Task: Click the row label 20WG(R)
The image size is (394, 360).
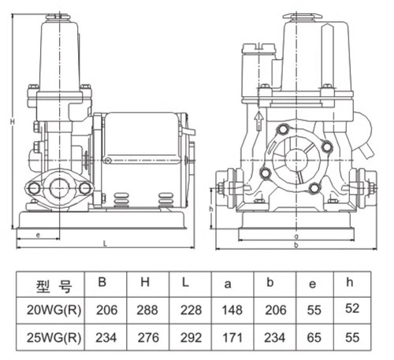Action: click(x=50, y=310)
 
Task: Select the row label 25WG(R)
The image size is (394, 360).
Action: click(x=50, y=337)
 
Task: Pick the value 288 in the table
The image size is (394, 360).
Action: click(x=147, y=310)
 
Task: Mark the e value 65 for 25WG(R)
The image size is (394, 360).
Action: click(x=314, y=337)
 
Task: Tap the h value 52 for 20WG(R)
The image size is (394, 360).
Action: click(x=351, y=309)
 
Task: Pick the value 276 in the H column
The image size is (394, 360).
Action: click(x=147, y=337)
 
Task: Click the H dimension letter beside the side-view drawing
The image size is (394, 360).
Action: click(x=12, y=121)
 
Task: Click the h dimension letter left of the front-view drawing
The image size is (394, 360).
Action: click(x=212, y=210)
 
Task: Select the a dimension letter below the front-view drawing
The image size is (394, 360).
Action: click(x=294, y=236)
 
